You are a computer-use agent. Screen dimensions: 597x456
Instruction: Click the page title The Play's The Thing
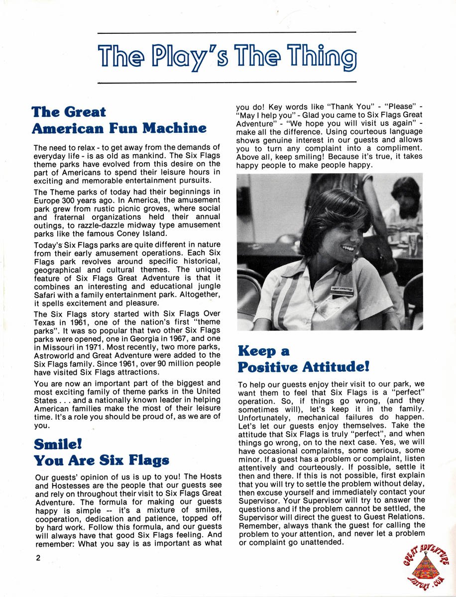click(x=228, y=58)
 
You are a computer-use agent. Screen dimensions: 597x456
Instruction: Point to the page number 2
click(x=38, y=558)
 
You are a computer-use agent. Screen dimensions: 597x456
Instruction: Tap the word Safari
click(x=46, y=295)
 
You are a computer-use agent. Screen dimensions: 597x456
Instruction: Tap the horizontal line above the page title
click(x=227, y=32)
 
